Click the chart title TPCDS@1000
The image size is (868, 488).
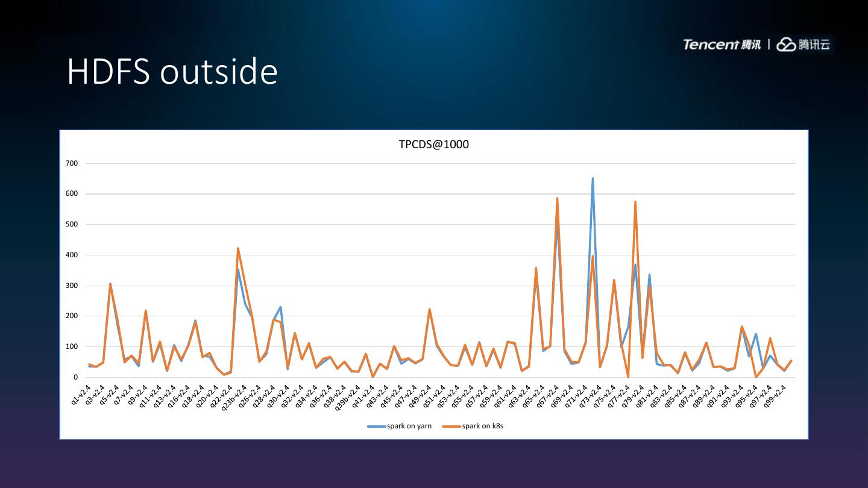click(x=433, y=145)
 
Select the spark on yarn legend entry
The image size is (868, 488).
click(x=400, y=426)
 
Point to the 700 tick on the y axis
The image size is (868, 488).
click(x=72, y=163)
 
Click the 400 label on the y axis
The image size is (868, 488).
click(x=72, y=255)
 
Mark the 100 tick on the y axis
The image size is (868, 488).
click(x=72, y=347)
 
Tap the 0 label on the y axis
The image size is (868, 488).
click(x=75, y=378)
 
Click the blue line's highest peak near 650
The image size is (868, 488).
click(x=593, y=178)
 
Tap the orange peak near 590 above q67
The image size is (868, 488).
click(x=557, y=198)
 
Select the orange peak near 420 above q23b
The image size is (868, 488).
click(x=237, y=248)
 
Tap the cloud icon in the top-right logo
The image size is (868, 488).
click(x=786, y=45)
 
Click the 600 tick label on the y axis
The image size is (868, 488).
click(x=72, y=194)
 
